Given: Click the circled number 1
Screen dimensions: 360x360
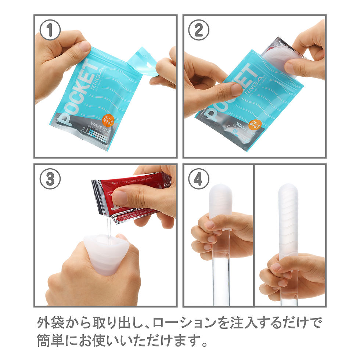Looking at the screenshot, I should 50,31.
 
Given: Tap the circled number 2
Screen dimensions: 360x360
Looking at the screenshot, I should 199,31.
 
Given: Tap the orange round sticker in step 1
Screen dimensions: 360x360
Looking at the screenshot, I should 108,120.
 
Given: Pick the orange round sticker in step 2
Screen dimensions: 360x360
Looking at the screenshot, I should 255,125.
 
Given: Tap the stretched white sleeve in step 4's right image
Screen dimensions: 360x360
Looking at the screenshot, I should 288,220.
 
